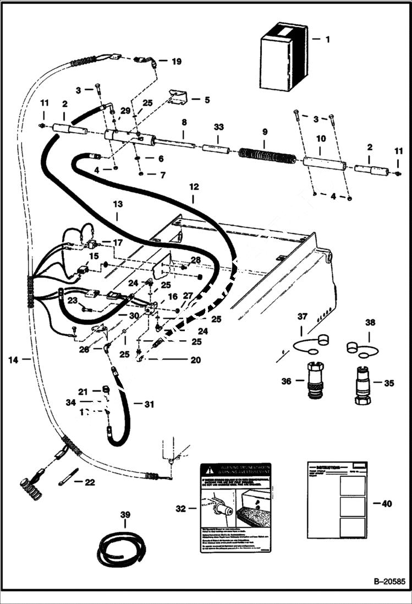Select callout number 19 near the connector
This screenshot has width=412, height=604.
pos(176,62)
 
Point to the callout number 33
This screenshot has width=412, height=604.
pos(219,127)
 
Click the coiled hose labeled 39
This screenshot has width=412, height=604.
pos(120,548)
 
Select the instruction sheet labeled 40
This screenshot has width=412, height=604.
pos(337,503)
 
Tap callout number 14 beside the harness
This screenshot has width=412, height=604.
pos(13,360)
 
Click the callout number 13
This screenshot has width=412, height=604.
pos(117,204)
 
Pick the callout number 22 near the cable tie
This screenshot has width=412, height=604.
pos(90,482)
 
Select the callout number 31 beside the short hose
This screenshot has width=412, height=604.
pos(149,405)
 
